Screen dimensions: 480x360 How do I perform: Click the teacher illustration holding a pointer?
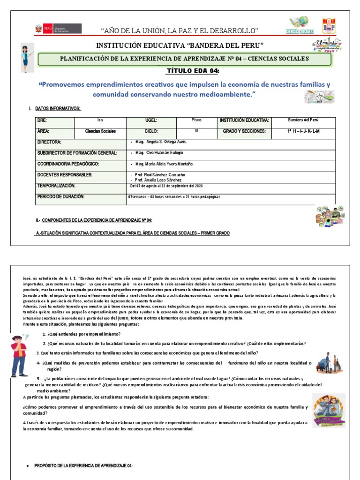pos(27,58)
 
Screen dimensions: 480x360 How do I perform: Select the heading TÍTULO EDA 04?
pos(193,70)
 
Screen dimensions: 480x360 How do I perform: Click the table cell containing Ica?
pos(100,120)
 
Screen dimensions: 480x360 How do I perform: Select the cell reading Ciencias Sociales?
pos(100,132)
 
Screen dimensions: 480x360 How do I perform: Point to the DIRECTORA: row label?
pos(49,142)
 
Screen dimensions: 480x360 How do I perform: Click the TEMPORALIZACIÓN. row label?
pos(56,186)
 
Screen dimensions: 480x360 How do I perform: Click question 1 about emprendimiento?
pos(82,334)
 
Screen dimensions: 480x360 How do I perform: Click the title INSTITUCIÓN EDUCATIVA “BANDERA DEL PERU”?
pos(180,46)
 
